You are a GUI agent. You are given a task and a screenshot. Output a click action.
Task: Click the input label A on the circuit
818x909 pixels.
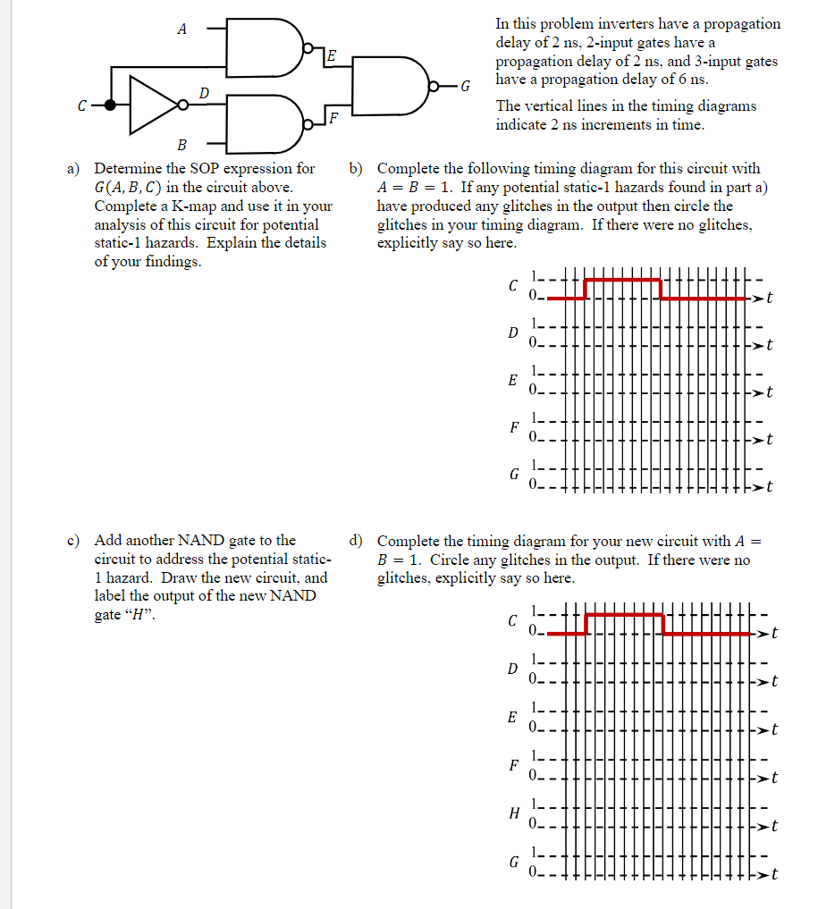[182, 29]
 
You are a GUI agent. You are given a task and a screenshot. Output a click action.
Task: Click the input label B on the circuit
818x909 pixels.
[181, 145]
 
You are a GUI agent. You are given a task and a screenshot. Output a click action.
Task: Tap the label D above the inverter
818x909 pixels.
[203, 93]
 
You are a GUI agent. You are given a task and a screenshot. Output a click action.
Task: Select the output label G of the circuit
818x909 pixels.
[464, 87]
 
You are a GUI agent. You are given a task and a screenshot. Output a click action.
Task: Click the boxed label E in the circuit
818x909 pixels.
[330, 57]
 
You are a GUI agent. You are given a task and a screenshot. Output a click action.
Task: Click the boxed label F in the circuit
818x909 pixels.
[333, 118]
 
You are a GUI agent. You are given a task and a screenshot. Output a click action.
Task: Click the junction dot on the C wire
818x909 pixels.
[110, 105]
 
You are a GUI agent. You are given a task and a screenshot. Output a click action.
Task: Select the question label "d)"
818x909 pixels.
[357, 540]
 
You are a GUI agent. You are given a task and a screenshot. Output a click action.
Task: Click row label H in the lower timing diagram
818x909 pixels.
[512, 813]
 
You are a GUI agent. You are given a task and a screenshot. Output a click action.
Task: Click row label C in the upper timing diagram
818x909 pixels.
[512, 287]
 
